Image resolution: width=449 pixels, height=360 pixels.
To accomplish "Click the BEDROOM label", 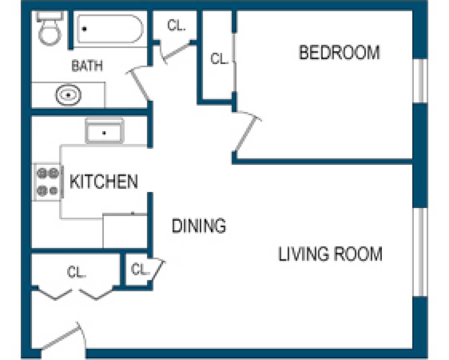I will pos(339,53).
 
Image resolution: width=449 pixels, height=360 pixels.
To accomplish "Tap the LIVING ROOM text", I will pos(330,254).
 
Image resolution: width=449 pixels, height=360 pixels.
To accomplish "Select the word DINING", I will pos(198,226).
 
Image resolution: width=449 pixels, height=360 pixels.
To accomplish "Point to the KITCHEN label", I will pos(104,181).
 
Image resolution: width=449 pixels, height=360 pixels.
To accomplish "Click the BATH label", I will pos(87,66).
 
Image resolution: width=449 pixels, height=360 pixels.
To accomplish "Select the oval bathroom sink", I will pos(68,94).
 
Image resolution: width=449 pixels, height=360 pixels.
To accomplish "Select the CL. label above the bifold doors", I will pos(77,272).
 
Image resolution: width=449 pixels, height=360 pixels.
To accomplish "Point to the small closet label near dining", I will pos(140,270).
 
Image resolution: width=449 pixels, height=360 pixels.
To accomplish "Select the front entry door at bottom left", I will pos(61,338).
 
